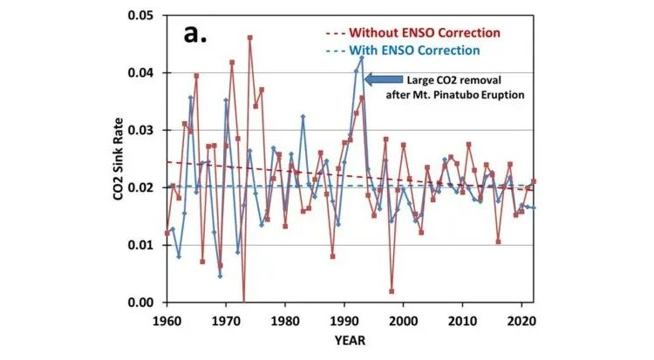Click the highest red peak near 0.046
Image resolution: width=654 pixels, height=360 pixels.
click(249, 37)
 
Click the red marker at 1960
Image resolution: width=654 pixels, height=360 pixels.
click(167, 233)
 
